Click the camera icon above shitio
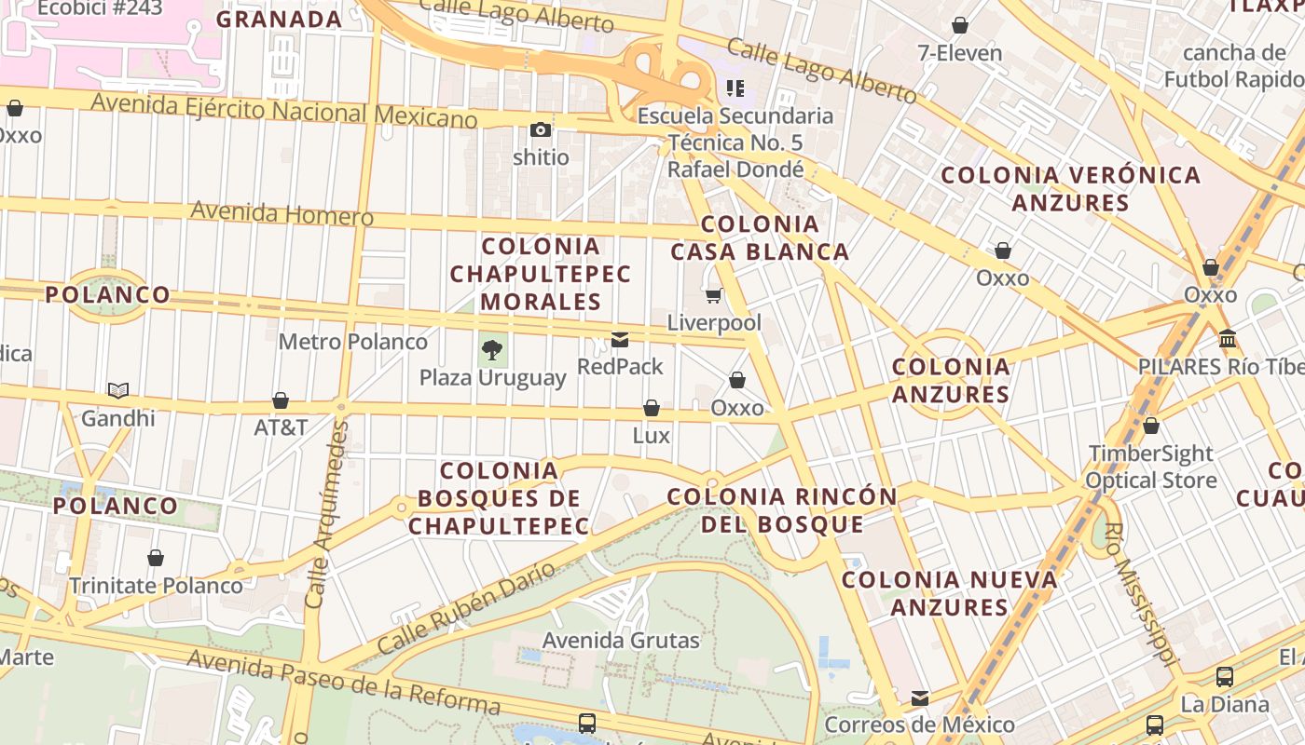[x=541, y=129]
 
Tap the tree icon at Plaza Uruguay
[x=492, y=350]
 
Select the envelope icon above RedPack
[x=620, y=340]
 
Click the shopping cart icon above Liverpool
[x=714, y=296]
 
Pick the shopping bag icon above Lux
[x=652, y=408]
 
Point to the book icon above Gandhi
[x=117, y=390]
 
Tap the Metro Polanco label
[x=353, y=342]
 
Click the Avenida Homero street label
[x=282, y=213]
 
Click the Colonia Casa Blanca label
[x=760, y=237]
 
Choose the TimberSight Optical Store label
[x=1152, y=467]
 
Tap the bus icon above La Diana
[x=1225, y=677]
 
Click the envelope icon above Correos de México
[x=920, y=698]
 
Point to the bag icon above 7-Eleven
[x=959, y=25]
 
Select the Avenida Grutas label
[x=621, y=641]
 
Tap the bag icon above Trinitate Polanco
[x=156, y=558]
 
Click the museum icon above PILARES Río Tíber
[x=1227, y=338]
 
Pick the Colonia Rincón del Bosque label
[x=783, y=509]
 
